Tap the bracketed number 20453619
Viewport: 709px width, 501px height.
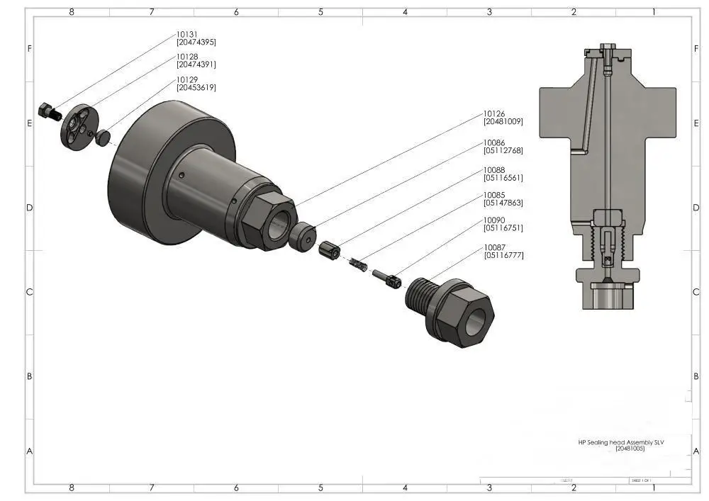pos(196,88)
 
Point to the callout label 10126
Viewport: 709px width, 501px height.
pos(494,113)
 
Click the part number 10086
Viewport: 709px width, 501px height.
pos(494,142)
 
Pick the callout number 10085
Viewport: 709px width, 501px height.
pos(494,195)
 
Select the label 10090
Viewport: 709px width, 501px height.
pos(494,220)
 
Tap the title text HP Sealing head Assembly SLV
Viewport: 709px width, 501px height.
pos(620,441)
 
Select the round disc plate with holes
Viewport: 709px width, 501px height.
pos(77,127)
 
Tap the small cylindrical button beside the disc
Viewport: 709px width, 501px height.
pos(104,137)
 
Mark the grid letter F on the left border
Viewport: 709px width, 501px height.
pos(29,49)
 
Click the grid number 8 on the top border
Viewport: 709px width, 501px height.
pos(71,12)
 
